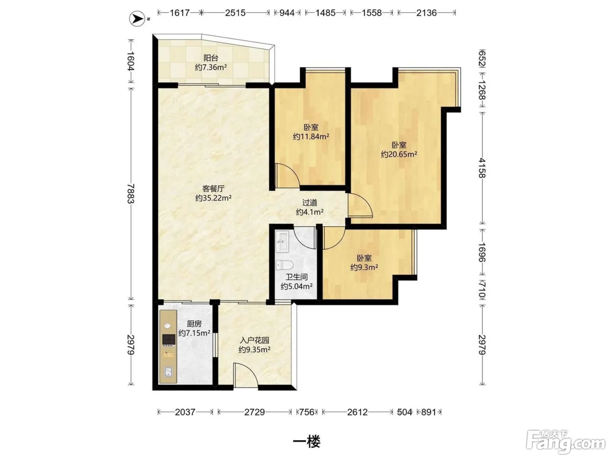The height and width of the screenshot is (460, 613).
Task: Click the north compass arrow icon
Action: coord(137,18)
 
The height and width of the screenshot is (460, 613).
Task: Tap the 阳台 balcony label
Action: coord(211,58)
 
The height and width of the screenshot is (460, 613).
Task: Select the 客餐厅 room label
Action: coord(213,188)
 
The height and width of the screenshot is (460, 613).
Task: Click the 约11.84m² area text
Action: coord(310,137)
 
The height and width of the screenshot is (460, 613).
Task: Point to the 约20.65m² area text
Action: coord(399,154)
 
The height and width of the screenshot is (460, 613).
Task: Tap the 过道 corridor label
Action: coord(310,202)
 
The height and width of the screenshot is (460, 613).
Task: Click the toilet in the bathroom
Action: coord(284,265)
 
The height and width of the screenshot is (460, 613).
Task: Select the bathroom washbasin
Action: coord(282,241)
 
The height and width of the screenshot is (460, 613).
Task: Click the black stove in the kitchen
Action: coord(169,340)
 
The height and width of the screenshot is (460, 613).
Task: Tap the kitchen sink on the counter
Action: coord(168,372)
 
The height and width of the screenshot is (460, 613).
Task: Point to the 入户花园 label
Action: coord(254,340)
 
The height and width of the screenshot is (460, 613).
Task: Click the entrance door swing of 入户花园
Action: coord(246,375)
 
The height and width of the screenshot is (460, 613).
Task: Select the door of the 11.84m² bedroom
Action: coord(287,176)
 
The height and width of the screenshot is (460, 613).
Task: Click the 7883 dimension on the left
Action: coord(130,194)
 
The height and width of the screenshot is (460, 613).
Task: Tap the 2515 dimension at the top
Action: coord(235,13)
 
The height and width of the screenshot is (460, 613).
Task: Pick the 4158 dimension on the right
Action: coord(482,168)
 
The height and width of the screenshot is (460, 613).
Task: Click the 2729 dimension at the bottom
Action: coord(254,412)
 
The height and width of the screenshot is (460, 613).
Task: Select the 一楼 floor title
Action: coord(306,442)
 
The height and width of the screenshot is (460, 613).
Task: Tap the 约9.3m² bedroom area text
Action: coord(364,267)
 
